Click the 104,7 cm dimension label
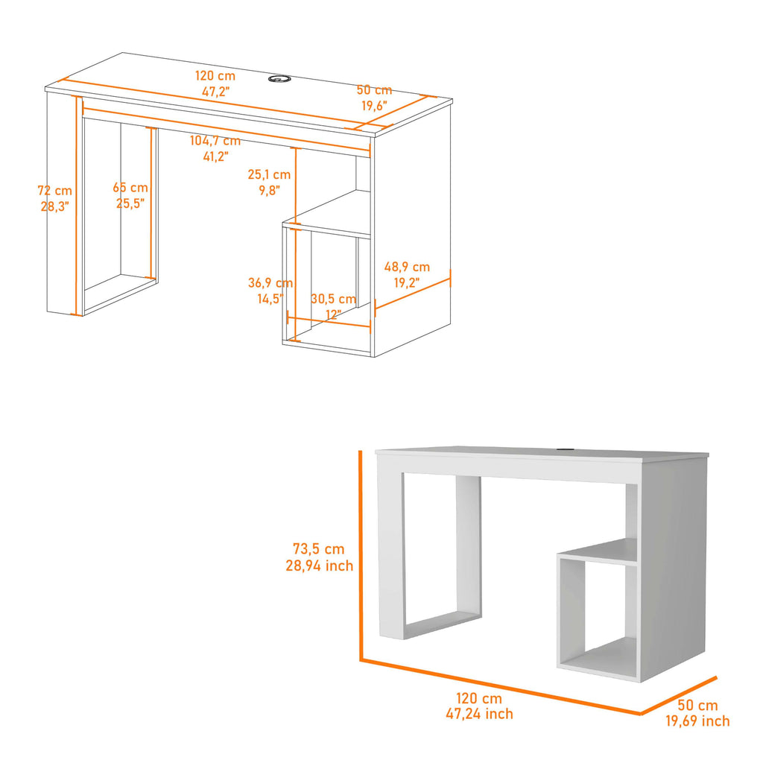click(x=215, y=141)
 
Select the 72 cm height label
click(x=54, y=190)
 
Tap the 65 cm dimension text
click(x=130, y=187)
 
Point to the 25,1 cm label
click(x=269, y=174)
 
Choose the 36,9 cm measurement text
click(x=270, y=282)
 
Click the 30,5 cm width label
click(x=333, y=298)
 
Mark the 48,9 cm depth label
click(x=407, y=267)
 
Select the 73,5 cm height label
click(x=319, y=549)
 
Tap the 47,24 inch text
click(x=479, y=714)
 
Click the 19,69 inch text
click(x=697, y=721)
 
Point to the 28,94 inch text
click(x=319, y=566)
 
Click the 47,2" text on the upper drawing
click(x=215, y=92)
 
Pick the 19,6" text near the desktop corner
click(x=374, y=106)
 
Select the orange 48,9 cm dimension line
click(x=413, y=294)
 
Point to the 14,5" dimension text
click(x=270, y=298)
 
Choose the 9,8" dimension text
click(x=269, y=190)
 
